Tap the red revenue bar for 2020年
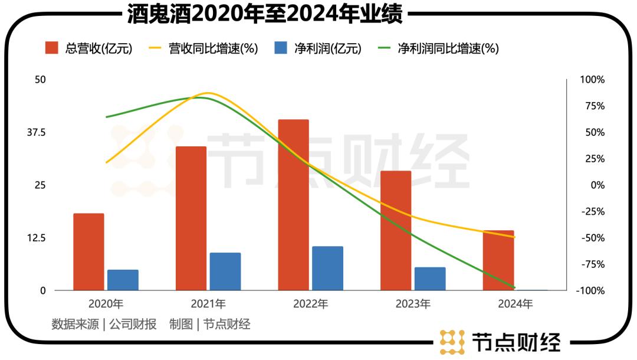88,252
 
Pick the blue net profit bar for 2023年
430,279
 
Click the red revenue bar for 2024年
498,260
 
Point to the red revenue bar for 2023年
396,231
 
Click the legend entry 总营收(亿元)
88,48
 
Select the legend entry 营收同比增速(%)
204,48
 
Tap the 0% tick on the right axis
597,185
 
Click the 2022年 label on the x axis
311,305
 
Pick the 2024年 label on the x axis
515,305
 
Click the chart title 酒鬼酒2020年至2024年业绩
265,14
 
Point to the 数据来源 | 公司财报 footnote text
104,324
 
